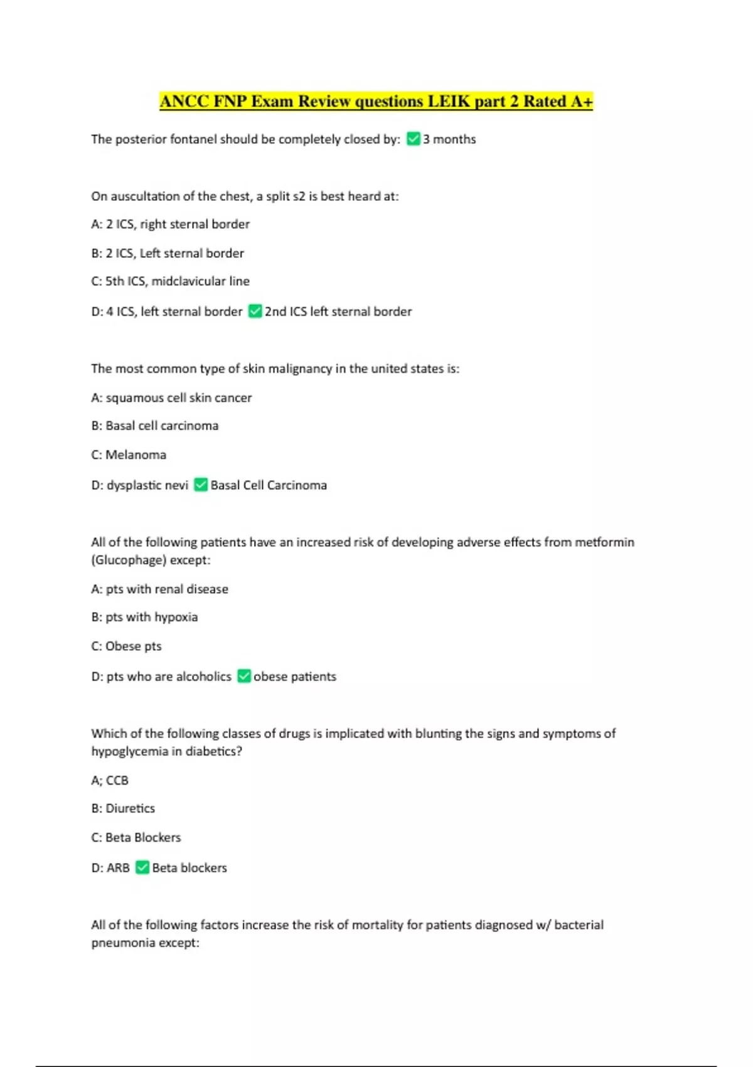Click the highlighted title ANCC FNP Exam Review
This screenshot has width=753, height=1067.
click(x=376, y=101)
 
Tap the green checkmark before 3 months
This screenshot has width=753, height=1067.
click(x=413, y=139)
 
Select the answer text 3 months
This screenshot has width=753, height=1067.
click(x=449, y=139)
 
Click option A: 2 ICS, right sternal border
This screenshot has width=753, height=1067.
click(x=170, y=224)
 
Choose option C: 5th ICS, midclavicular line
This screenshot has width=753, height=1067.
click(x=170, y=281)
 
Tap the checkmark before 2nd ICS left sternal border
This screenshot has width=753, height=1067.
click(x=255, y=311)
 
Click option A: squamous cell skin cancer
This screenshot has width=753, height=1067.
click(x=171, y=397)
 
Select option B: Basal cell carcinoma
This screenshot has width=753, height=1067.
click(x=155, y=426)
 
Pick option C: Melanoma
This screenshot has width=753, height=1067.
click(x=129, y=454)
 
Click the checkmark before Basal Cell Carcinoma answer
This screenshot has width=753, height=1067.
click(x=201, y=485)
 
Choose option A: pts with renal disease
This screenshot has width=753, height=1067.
click(x=159, y=589)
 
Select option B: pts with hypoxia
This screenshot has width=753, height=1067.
click(x=144, y=617)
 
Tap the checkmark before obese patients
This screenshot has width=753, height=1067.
click(x=244, y=676)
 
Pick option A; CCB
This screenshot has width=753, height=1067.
click(x=110, y=780)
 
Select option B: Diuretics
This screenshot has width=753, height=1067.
click(x=123, y=808)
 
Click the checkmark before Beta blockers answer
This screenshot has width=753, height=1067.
click(x=142, y=867)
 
